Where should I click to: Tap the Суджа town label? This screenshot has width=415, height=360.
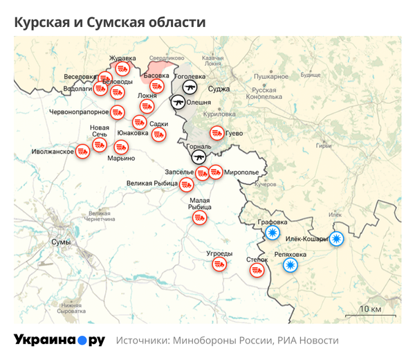coord(219,89)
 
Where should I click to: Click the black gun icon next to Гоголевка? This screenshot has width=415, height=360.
coord(190,86)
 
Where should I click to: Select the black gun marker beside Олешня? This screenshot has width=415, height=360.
coord(178,102)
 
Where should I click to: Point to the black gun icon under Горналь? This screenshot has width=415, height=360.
coord(199,157)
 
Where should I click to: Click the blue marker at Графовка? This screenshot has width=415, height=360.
coord(273,233)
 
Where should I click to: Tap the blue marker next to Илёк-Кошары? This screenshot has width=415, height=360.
coord(336,240)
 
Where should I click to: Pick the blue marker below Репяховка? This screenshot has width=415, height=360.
coord(290,265)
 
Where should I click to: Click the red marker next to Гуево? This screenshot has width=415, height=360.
coord(217,133)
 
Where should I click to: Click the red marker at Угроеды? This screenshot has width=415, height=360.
coord(219,264)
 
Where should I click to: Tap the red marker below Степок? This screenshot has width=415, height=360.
coord(258,271)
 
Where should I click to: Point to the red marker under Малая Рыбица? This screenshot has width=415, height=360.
coord(199,217)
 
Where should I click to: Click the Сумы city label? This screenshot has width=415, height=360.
coord(61,242)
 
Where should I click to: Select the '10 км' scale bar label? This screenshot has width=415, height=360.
coord(370,307)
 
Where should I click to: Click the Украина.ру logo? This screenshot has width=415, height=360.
coord(59,340)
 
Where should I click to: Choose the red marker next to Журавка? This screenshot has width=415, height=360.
coord(122,68)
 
